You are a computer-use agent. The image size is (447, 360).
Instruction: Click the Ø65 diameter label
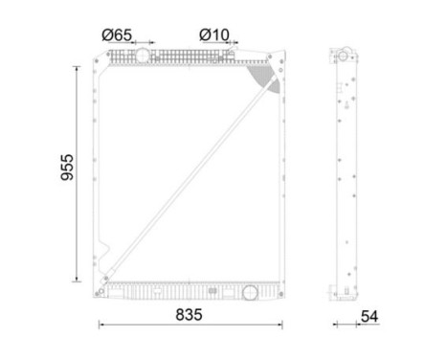pyautogui.click(x=116, y=34)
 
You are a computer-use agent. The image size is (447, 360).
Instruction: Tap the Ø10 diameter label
pyautogui.click(x=214, y=34)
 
